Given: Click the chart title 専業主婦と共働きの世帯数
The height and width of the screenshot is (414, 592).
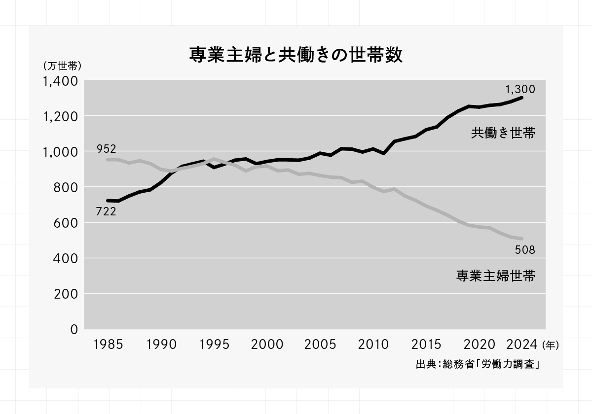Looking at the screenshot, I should point(296,55).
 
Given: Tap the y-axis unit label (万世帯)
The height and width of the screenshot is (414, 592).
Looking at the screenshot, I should point(62,66).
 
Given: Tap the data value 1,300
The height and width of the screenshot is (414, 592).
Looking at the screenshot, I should point(520,89).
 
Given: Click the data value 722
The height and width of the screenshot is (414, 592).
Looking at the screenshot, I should point(106,212).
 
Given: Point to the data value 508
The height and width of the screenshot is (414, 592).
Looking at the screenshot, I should point(525,250).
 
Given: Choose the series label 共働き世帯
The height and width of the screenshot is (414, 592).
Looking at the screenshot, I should point(503,133).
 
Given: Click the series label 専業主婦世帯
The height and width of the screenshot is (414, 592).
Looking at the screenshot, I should point(496,275).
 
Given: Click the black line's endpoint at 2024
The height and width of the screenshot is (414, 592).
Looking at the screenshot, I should point(521,98).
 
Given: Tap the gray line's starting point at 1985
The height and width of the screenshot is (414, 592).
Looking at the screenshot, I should point(108,160).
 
